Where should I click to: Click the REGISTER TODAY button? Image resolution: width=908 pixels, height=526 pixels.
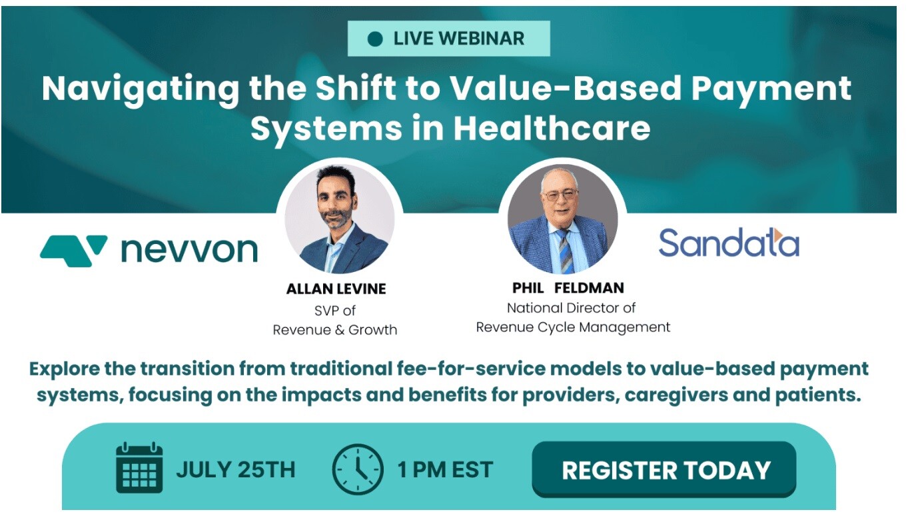[x=665, y=469]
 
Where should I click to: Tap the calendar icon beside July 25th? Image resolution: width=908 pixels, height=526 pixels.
[x=139, y=468]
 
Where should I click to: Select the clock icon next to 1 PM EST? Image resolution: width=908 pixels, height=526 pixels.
[x=358, y=469]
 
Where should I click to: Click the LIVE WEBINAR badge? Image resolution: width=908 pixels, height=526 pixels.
[x=448, y=39]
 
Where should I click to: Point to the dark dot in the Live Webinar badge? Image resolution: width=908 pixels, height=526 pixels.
[x=375, y=39]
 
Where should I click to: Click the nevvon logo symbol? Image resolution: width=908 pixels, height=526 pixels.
[x=73, y=249]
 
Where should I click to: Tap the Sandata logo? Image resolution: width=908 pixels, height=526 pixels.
[x=728, y=243]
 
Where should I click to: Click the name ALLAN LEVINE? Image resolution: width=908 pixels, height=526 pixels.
[x=336, y=289]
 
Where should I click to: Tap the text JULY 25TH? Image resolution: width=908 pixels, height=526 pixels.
[x=235, y=469]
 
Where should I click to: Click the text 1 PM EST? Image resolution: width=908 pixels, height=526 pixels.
[x=445, y=469]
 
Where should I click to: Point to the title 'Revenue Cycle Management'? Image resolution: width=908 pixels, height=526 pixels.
[x=573, y=327]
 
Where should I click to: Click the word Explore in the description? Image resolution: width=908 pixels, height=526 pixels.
[x=68, y=368]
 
